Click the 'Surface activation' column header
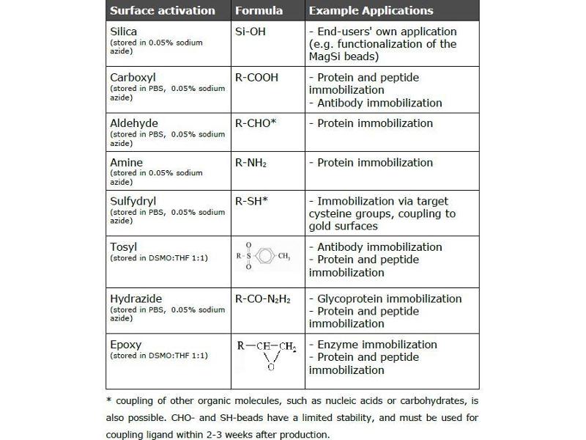162,11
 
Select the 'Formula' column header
259,11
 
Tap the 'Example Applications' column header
371,11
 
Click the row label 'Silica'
124,32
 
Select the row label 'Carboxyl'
133,77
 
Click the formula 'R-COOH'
256,77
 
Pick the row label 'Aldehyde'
134,123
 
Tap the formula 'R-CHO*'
256,123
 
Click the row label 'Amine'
126,162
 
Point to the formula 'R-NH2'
251,163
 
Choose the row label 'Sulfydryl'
133,201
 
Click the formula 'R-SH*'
251,201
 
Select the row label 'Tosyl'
123,247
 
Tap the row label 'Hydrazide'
136,299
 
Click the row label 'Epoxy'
125,345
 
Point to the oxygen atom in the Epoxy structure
270,367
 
